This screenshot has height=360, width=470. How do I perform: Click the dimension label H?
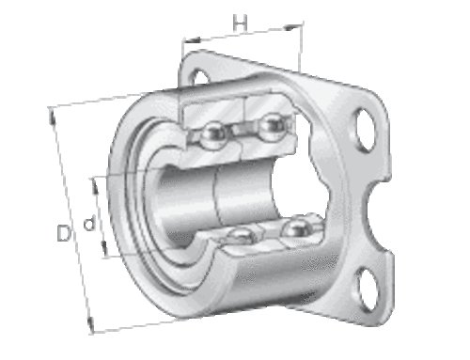(240, 23)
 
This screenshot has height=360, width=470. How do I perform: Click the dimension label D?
(64, 232)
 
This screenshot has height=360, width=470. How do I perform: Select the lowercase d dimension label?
(88, 223)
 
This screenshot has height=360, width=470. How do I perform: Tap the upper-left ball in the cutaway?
(213, 133)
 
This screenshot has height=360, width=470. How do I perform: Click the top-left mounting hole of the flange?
(199, 78)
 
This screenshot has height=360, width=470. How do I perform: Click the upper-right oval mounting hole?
(366, 130)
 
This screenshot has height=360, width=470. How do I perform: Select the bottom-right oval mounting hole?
(367, 289)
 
